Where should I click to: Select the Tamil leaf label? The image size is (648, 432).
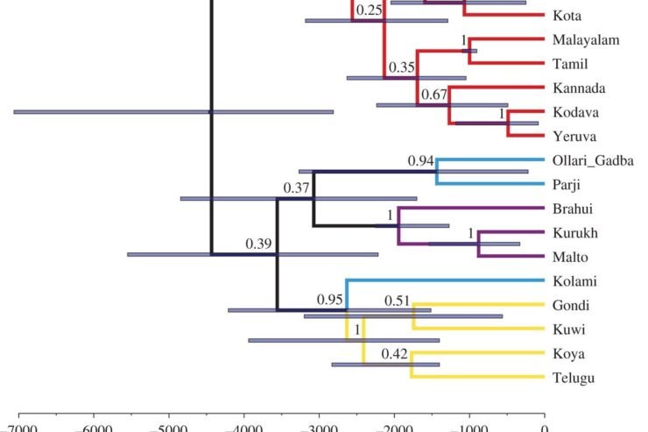tap(568, 64)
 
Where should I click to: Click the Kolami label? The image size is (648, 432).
tap(574, 281)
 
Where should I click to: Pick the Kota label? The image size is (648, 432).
tap(565, 16)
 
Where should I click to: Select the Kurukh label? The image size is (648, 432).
tap(573, 233)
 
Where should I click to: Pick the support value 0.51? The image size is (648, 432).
tap(398, 301)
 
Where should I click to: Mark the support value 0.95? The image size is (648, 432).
tap(330, 301)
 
